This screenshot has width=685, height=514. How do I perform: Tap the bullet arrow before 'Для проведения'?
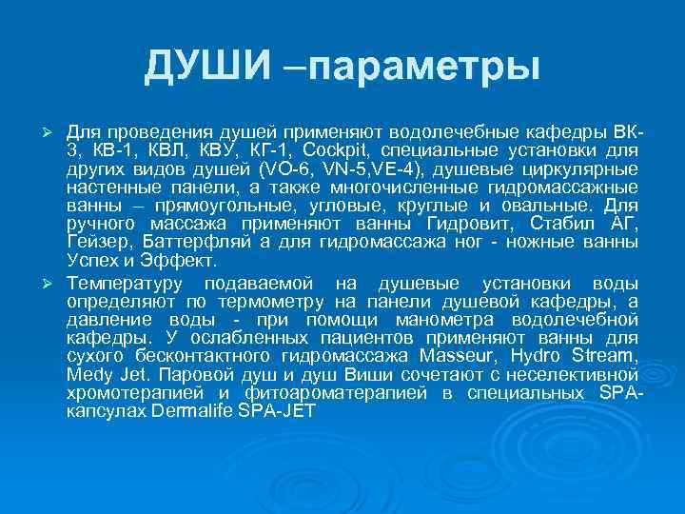click(54, 129)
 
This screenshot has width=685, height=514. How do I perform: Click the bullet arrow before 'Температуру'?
click(54, 285)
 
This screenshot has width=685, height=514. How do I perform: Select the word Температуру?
click(124, 284)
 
